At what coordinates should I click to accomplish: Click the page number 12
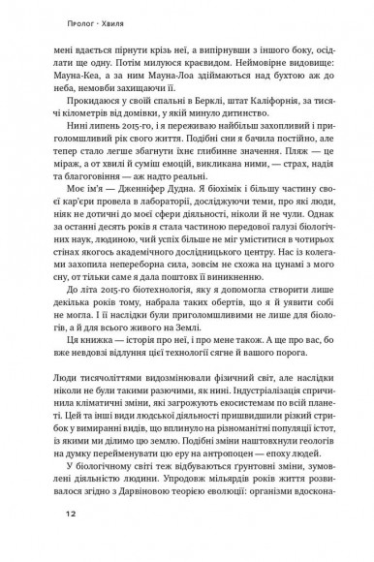click(43, 540)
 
